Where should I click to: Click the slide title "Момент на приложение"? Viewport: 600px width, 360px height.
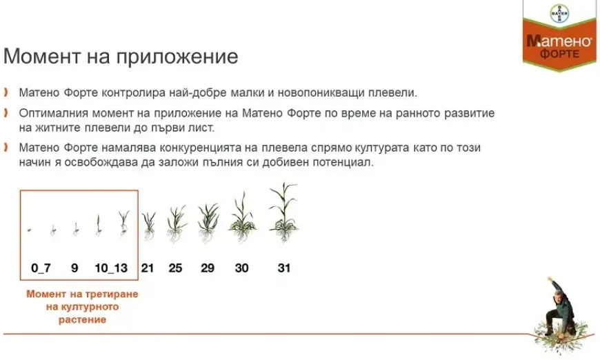pos(121,57)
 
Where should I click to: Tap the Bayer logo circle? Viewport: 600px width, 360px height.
pos(559,13)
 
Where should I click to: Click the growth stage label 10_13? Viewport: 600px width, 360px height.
pos(111,268)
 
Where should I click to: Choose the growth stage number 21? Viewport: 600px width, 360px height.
pos(147,268)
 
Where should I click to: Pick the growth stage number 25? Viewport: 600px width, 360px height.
pos(175,268)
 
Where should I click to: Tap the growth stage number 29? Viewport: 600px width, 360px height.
pos(208,268)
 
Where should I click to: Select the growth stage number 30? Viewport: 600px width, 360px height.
pos(241,268)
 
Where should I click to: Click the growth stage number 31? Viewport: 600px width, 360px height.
pos(283,268)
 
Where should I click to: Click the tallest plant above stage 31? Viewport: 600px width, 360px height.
pos(283,214)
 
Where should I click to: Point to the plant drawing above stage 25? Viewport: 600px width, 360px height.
pos(176,224)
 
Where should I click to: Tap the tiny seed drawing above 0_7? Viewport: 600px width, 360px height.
pos(30,230)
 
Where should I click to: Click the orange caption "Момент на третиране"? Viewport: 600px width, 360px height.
pos(82,294)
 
